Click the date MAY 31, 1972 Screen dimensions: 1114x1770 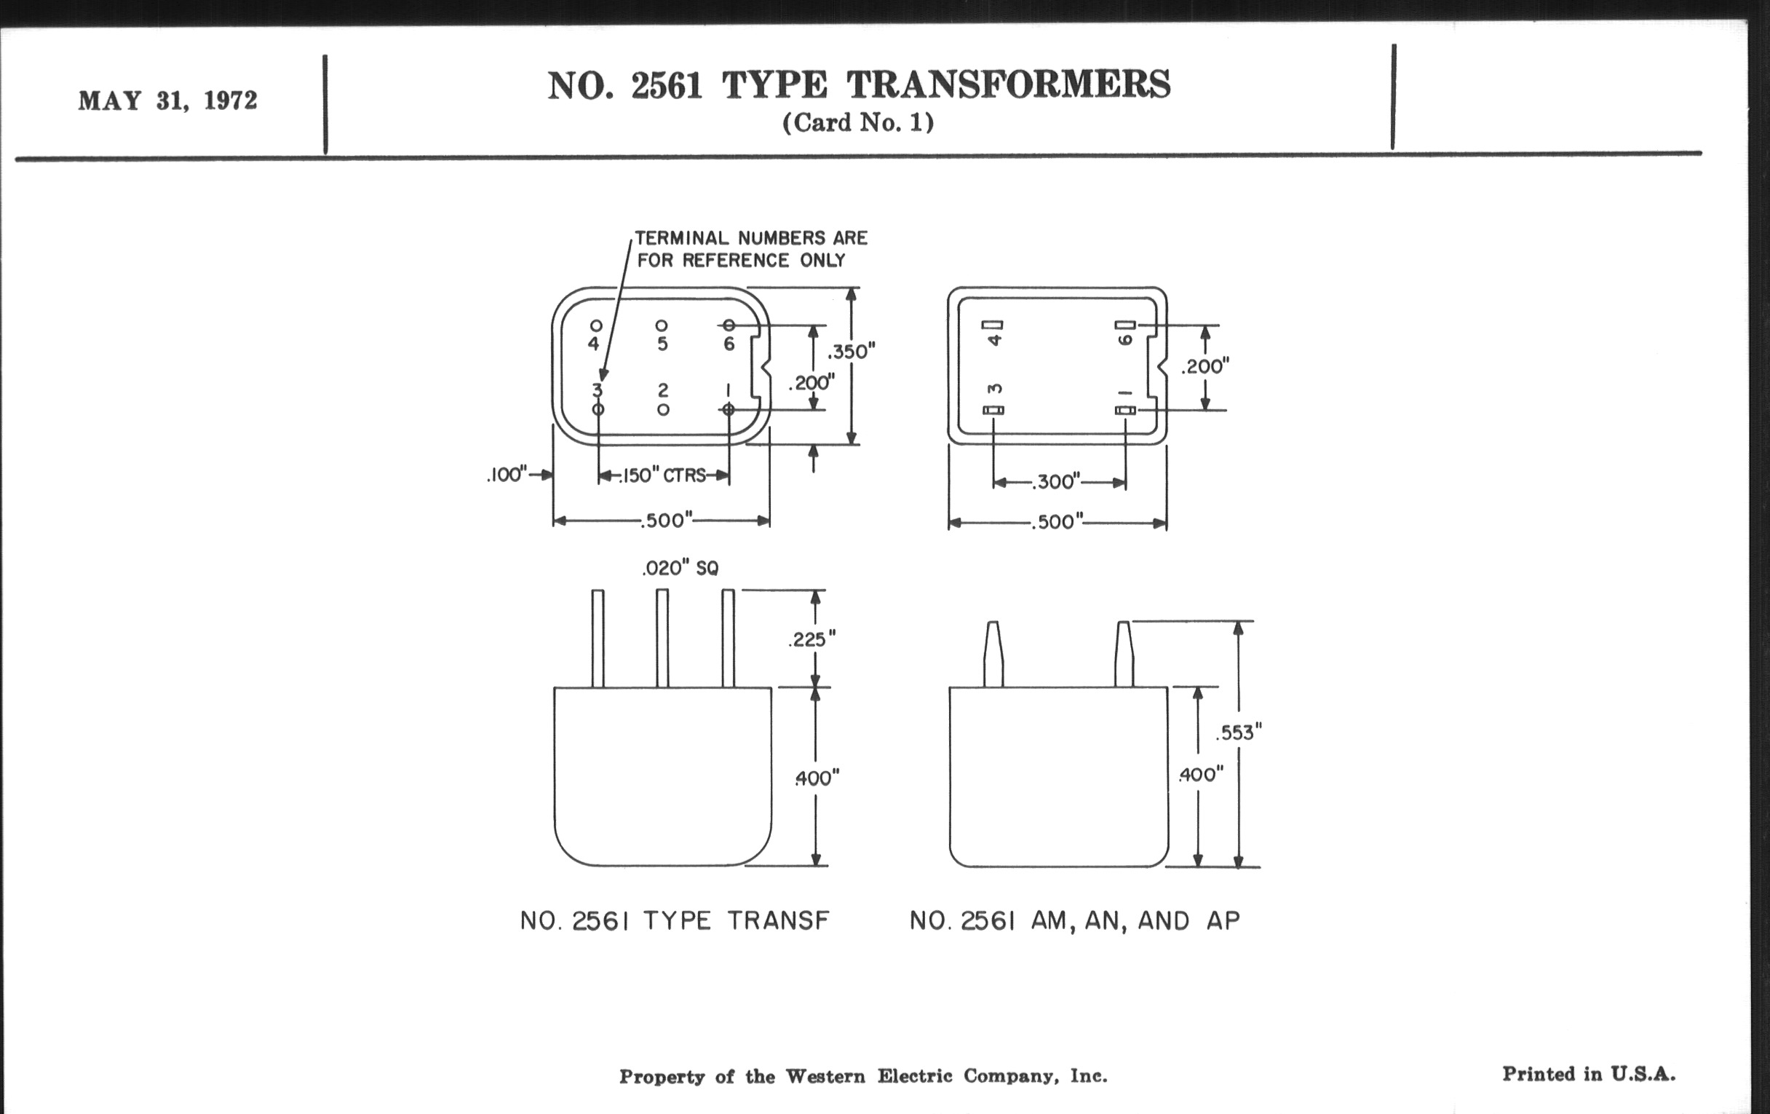click(x=167, y=100)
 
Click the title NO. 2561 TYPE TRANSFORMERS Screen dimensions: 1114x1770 click(x=859, y=85)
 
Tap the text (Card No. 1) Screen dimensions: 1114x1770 click(x=858, y=122)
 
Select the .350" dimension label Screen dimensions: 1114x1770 click(x=852, y=352)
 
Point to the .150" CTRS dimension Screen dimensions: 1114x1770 click(x=664, y=475)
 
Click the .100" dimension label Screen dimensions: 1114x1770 click(x=507, y=474)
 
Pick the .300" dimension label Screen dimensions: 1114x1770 click(x=1055, y=482)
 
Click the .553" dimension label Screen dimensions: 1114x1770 click(x=1239, y=732)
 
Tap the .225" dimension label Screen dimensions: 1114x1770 click(x=812, y=639)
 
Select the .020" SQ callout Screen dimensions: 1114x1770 click(x=680, y=568)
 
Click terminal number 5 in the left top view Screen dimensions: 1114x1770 click(x=662, y=344)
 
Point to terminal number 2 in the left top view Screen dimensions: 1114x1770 click(x=662, y=390)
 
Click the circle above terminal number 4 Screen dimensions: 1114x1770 click(x=596, y=325)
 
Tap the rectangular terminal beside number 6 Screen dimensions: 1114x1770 click(x=1125, y=325)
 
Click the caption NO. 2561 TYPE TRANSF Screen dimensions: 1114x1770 click(x=675, y=920)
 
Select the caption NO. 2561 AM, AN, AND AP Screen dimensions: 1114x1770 click(x=1075, y=920)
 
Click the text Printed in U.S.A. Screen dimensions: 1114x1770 click(x=1589, y=1074)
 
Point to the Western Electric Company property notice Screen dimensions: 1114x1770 click(x=863, y=1076)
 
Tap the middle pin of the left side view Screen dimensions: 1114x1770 click(x=662, y=639)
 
